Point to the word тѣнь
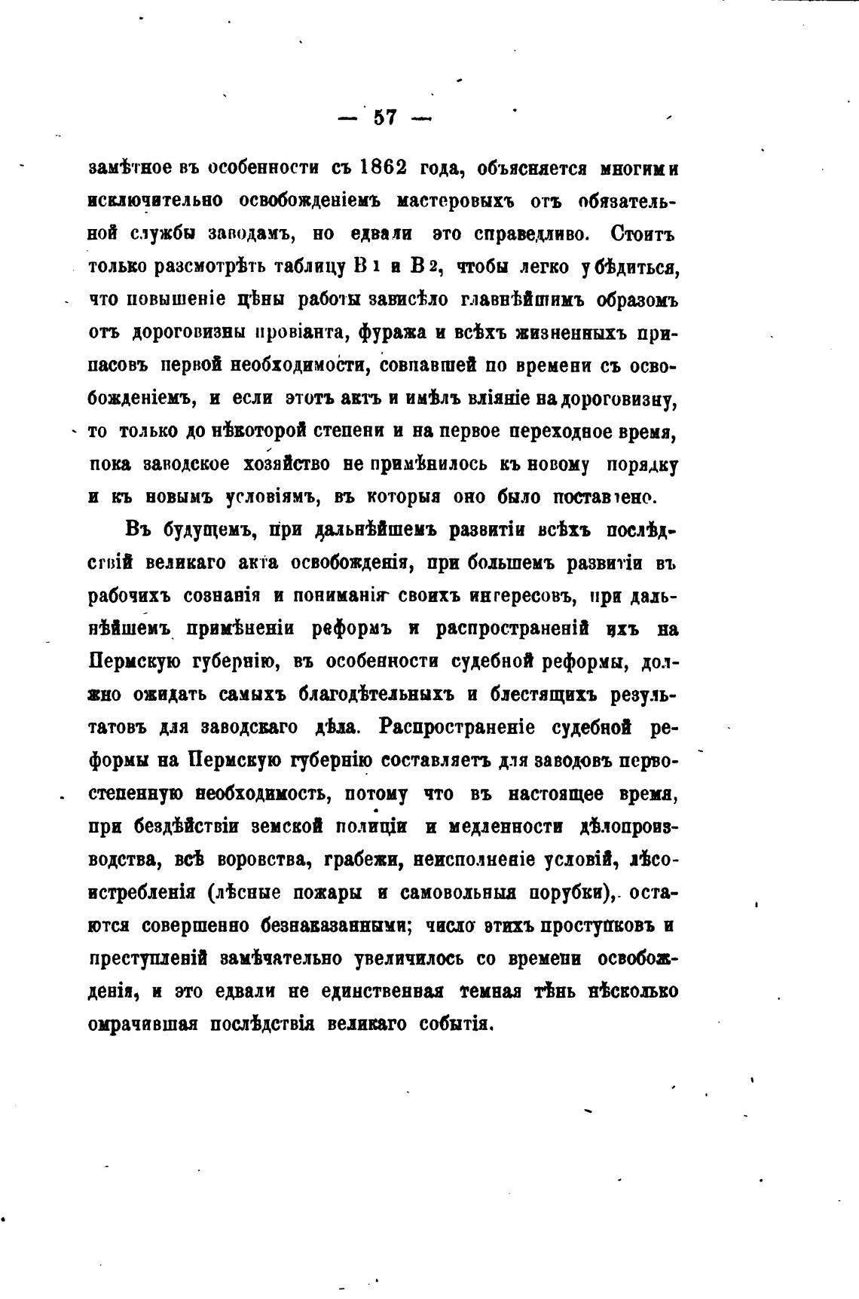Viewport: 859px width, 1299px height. pos(558,992)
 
